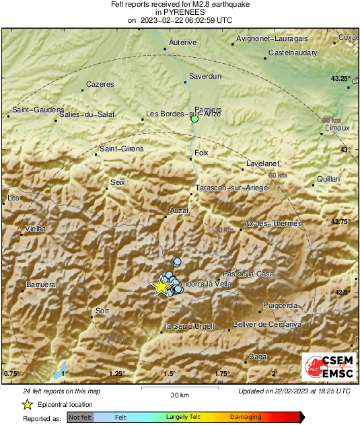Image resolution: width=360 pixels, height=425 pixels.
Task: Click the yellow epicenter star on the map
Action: [161, 286]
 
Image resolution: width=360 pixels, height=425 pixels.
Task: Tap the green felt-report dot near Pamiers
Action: [194, 120]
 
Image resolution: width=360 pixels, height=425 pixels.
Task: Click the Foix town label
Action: [201, 153]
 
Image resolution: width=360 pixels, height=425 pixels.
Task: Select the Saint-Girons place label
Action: [121, 149]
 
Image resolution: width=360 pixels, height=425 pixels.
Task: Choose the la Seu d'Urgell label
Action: [190, 326]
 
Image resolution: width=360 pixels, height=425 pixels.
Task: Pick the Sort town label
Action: [102, 311]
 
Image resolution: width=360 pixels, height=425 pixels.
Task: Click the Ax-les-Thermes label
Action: [273, 223]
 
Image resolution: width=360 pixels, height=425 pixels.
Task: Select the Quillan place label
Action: [328, 180]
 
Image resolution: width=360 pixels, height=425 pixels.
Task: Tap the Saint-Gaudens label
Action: [38, 110]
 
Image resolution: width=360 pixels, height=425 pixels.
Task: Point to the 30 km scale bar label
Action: [179, 394]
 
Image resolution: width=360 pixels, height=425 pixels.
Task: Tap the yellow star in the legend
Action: [27, 404]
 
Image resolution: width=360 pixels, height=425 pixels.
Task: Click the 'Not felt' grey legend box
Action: [80, 418]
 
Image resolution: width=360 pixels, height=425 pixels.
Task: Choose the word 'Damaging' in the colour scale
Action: [247, 418]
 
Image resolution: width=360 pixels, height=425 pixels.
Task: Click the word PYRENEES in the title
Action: [180, 12]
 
